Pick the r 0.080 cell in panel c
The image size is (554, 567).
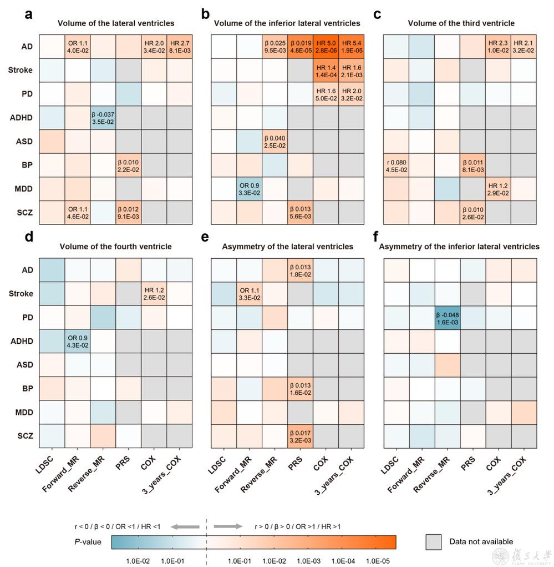coord(397,165)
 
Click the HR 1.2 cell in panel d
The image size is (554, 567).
coord(154,294)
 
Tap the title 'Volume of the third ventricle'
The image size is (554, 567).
coord(461,23)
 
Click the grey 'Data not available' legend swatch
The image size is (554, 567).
coord(433,541)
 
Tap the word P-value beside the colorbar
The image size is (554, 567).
coord(88,542)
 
